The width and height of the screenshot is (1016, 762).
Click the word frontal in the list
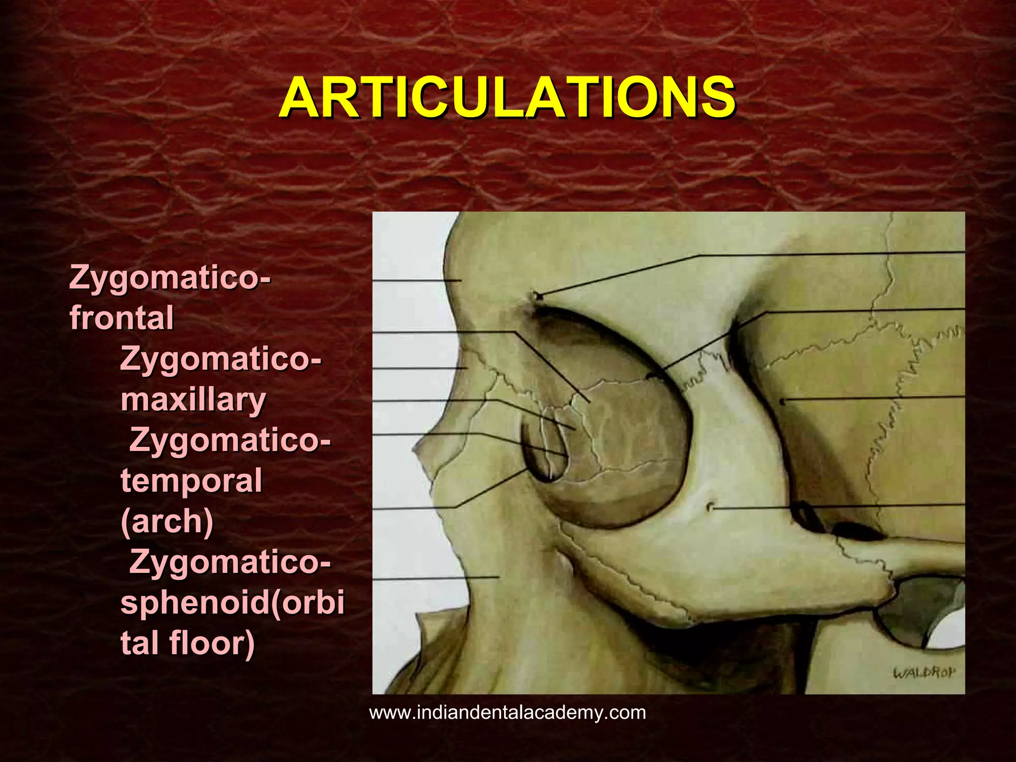pyautogui.click(x=122, y=318)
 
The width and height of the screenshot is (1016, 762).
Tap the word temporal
pyautogui.click(x=191, y=481)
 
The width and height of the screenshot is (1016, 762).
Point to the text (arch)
pyautogui.click(x=167, y=522)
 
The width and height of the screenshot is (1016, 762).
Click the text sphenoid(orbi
pyautogui.click(x=232, y=603)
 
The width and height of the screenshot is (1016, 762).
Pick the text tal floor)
pyautogui.click(x=188, y=644)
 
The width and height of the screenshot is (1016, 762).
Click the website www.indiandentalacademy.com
pyautogui.click(x=508, y=713)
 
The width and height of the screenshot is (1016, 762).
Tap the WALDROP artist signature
pyautogui.click(x=924, y=673)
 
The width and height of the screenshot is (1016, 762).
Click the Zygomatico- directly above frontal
pyautogui.click(x=171, y=277)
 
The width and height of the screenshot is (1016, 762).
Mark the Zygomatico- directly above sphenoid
pyautogui.click(x=230, y=563)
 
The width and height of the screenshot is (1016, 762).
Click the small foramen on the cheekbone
pyautogui.click(x=710, y=507)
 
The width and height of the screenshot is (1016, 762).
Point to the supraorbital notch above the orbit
pyautogui.click(x=536, y=297)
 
